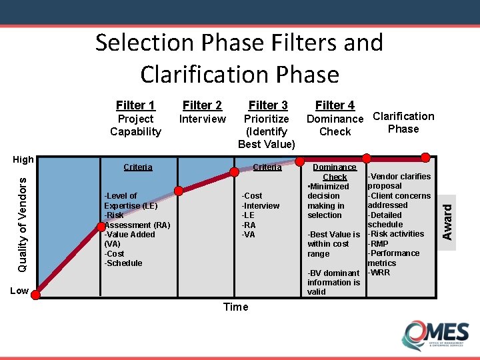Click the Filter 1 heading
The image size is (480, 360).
pyautogui.click(x=135, y=105)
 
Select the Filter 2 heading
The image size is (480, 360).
pyautogui.click(x=202, y=105)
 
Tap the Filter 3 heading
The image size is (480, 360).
pyautogui.click(x=267, y=105)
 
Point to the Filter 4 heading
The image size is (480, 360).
pyautogui.click(x=335, y=105)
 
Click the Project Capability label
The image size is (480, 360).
pyautogui.click(x=135, y=125)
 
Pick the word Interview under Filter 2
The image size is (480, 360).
pyautogui.click(x=203, y=119)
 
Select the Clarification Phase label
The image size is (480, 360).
pyautogui.click(x=403, y=123)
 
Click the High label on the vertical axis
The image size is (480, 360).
pyautogui.click(x=23, y=160)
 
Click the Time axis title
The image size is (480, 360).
pyautogui.click(x=235, y=307)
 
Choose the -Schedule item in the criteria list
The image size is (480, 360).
pyautogui.click(x=123, y=263)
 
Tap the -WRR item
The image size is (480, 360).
pyautogui.click(x=379, y=273)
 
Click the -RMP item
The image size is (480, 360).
pyautogui.click(x=379, y=244)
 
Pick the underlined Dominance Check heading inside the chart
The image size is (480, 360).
pyautogui.click(x=335, y=172)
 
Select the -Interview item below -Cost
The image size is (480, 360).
pyautogui.click(x=260, y=205)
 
